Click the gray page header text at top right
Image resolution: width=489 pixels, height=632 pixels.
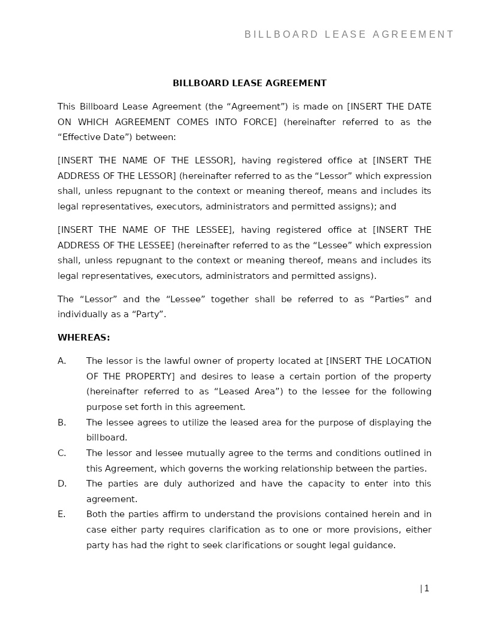point(349,35)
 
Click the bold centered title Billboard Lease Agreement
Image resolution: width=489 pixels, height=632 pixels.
point(249,83)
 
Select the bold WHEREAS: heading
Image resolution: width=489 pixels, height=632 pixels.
point(83,338)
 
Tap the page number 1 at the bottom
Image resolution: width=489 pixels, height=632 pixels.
point(426,588)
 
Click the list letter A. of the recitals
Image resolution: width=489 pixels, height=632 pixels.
point(62,361)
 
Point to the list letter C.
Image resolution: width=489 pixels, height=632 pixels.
point(62,453)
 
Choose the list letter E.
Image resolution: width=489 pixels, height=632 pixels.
point(62,514)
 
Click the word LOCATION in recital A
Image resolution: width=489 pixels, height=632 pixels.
point(410,361)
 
